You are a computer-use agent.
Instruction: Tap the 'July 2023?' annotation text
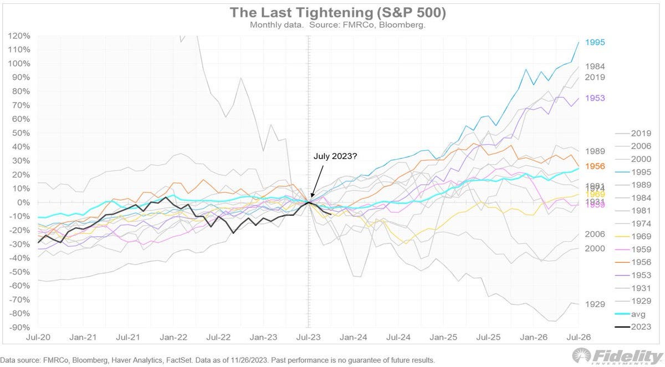pos(335,157)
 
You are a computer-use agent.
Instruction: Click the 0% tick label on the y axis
pos(23,202)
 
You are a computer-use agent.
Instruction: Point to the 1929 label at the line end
pos(595,304)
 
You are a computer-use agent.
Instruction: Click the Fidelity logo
pos(615,356)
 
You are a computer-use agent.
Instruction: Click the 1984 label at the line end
pos(595,67)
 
